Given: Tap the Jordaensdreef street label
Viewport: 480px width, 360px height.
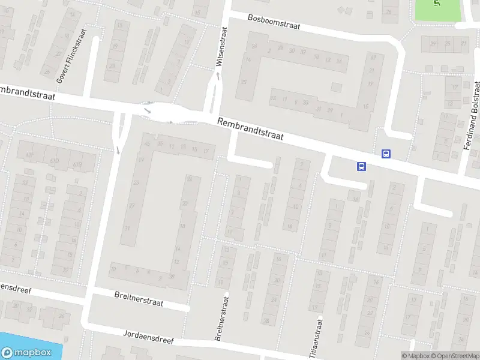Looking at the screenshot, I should pos(148,336).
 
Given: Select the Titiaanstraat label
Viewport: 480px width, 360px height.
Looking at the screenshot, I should pos(314,338).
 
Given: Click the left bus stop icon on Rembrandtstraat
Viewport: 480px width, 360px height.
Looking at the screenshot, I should pos(361,166).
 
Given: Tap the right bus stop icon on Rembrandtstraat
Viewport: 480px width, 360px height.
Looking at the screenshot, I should pos(386,154).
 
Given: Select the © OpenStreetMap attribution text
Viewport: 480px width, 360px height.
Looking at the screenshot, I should pos(454,356).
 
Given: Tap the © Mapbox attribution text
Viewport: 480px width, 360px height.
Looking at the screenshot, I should pos(415,356).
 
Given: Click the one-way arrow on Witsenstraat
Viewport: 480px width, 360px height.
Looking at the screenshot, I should pos(218,76).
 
